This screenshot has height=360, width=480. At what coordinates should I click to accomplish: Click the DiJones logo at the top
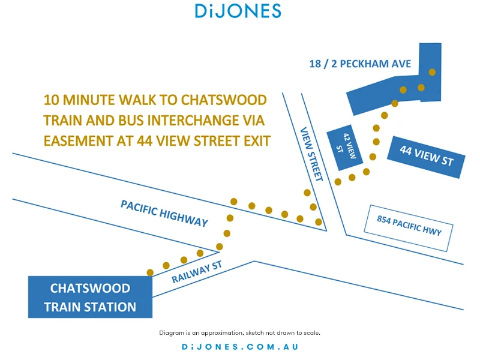click(238, 11)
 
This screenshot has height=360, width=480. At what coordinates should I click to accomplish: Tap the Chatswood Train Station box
click(90, 297)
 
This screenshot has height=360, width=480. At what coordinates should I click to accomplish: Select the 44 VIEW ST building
click(425, 156)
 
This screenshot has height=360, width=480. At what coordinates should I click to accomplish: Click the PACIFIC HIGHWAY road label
click(164, 213)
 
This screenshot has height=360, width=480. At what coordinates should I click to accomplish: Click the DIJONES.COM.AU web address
click(240, 347)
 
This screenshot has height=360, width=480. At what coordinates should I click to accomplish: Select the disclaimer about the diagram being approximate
click(240, 332)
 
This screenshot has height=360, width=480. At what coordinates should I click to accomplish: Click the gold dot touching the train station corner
click(150, 272)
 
